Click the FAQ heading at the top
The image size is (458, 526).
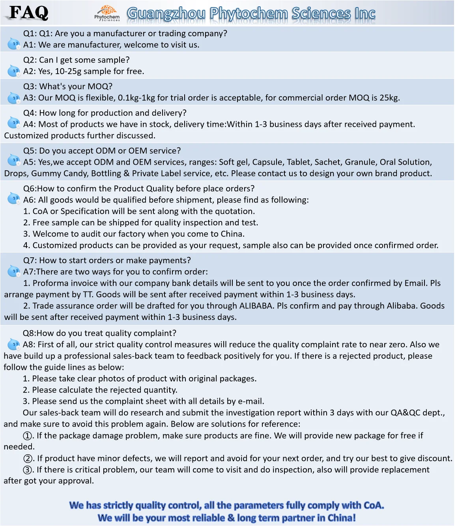tap(29, 13)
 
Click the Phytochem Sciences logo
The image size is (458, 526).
tap(107, 13)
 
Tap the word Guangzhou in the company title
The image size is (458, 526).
tap(166, 13)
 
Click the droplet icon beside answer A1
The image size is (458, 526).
tap(14, 44)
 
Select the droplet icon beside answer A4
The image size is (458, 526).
tap(14, 123)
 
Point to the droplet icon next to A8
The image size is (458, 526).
tap(14, 344)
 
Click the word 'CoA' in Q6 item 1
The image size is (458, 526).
tap(40, 211)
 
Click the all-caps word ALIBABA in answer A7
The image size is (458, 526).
tap(257, 306)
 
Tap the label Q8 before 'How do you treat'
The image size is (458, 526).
tap(29, 333)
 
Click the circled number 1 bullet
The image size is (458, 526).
tap(28, 436)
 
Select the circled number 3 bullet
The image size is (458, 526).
tap(28, 470)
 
